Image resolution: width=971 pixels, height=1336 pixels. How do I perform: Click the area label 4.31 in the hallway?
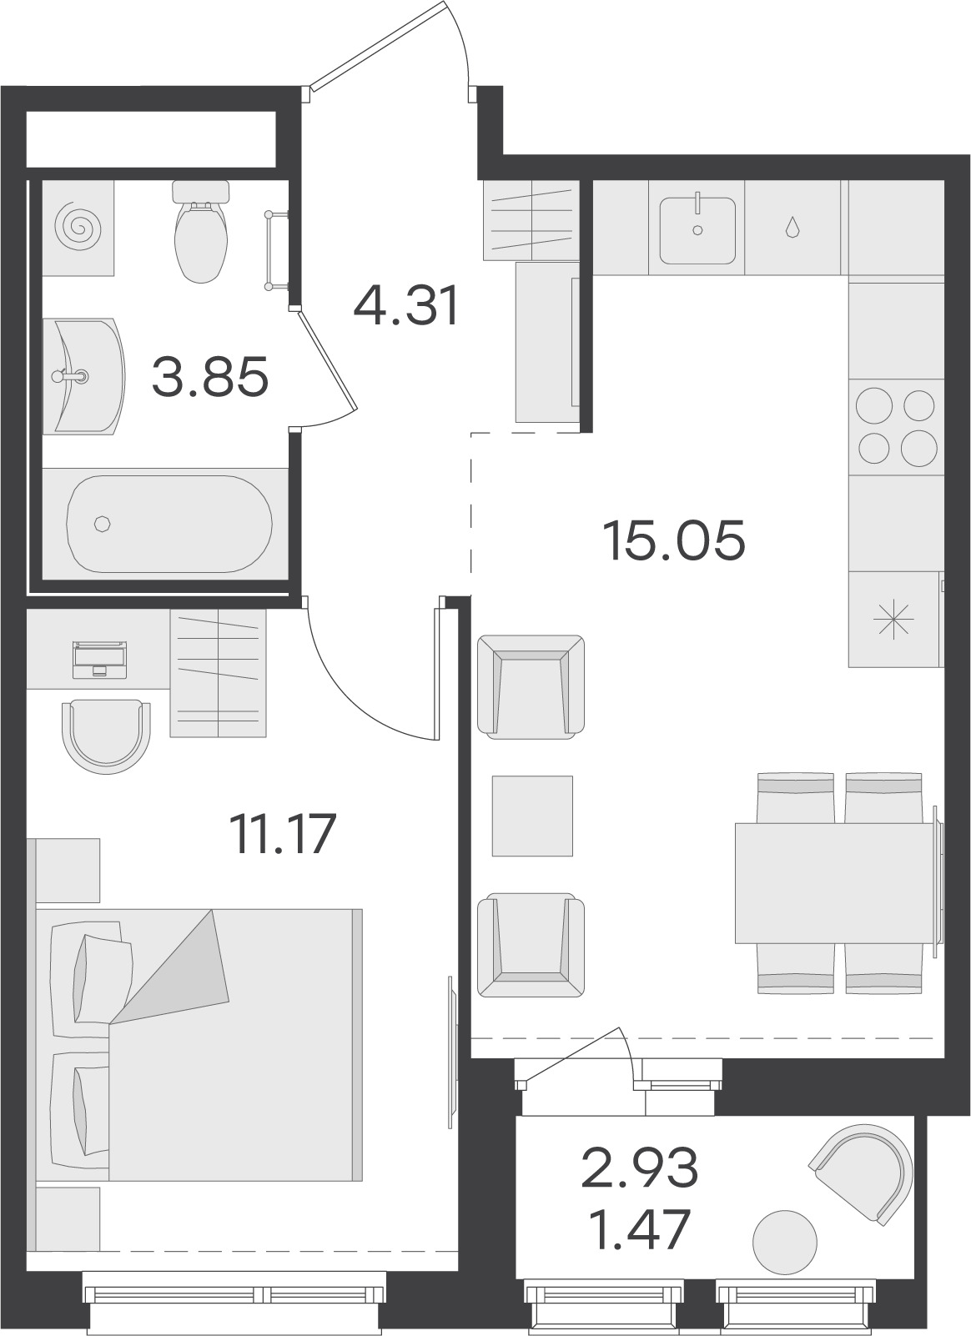click(406, 306)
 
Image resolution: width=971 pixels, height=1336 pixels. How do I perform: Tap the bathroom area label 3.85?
click(210, 376)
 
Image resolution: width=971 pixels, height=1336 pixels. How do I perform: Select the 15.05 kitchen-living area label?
click(674, 540)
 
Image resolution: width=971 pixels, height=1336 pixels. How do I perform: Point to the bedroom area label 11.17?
click(283, 833)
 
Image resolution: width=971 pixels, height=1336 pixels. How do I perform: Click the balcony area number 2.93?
click(639, 1168)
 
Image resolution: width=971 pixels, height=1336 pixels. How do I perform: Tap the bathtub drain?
click(103, 524)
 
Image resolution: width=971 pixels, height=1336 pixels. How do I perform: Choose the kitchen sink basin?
click(697, 231)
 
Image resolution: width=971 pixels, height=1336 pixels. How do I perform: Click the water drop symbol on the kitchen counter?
click(792, 227)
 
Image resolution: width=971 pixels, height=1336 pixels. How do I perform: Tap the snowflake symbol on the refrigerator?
click(893, 620)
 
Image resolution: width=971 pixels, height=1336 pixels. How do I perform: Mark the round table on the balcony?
click(785, 1243)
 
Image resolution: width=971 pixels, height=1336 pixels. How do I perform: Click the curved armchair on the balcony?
click(862, 1174)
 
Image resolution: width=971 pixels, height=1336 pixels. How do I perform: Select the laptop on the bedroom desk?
click(99, 660)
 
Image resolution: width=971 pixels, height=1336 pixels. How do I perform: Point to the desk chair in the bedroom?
click(106, 736)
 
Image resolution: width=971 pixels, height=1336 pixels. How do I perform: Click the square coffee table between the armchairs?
click(532, 816)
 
